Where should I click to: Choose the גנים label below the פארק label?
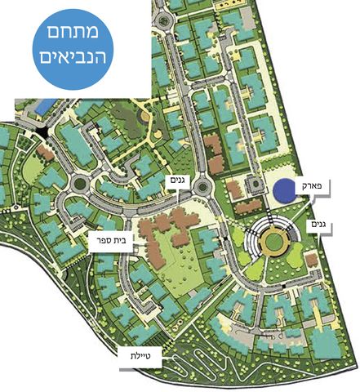pos(319,223)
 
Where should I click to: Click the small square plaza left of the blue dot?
pos(254,185)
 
